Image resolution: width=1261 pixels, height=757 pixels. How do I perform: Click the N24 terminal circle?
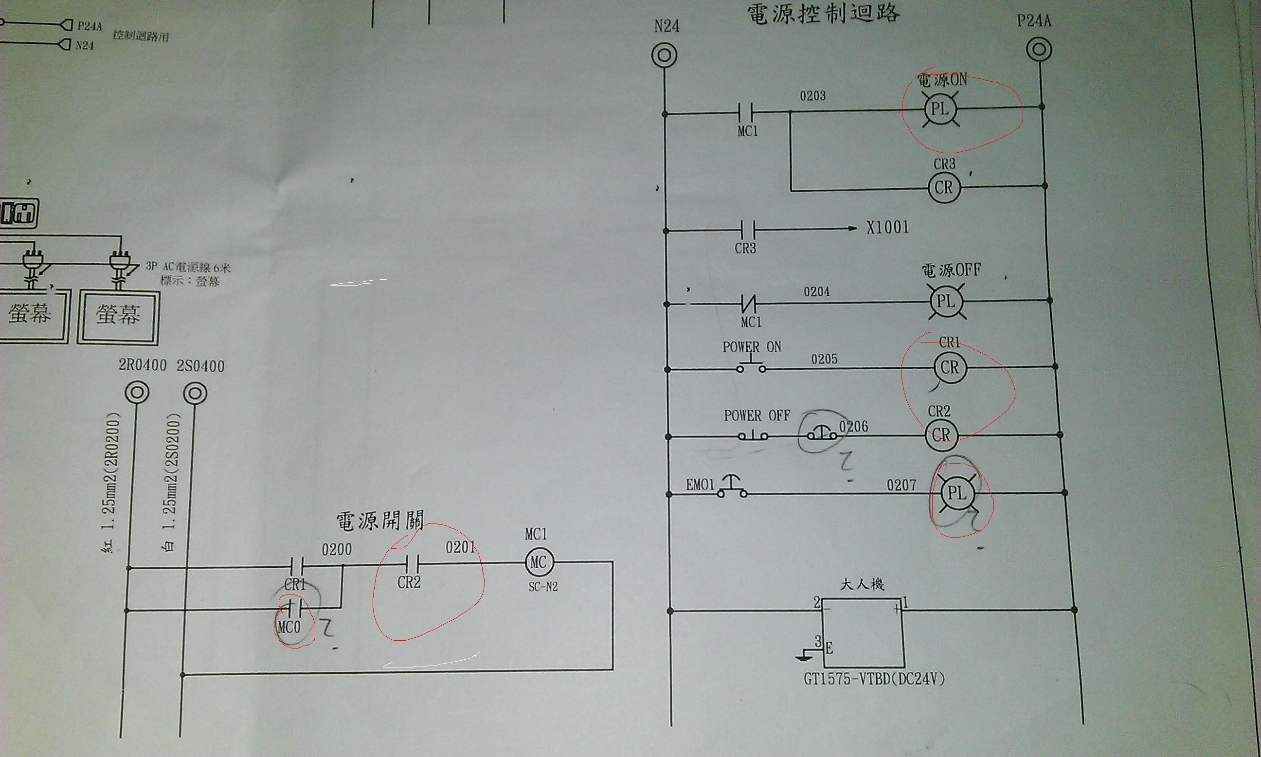(x=665, y=55)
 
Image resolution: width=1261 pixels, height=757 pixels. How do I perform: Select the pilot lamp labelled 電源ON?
(x=940, y=109)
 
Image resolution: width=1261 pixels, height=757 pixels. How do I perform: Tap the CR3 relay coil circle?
(x=944, y=188)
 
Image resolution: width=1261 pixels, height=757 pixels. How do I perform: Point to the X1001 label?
(x=887, y=228)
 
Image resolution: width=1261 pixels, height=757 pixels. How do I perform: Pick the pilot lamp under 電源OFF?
(x=945, y=302)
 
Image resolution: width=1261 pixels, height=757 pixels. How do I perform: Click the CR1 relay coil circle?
(x=949, y=367)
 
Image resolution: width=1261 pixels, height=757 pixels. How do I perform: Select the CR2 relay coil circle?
(x=942, y=435)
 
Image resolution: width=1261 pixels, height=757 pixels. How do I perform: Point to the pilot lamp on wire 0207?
(x=956, y=493)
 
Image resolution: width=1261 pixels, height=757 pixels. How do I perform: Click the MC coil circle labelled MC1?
(x=539, y=562)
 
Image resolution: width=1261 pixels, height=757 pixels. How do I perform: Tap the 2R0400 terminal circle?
(x=137, y=393)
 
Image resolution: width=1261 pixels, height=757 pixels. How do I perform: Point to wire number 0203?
(x=812, y=96)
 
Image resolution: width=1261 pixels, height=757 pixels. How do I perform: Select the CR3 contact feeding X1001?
(x=746, y=231)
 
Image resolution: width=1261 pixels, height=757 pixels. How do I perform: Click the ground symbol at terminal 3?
(x=805, y=656)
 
